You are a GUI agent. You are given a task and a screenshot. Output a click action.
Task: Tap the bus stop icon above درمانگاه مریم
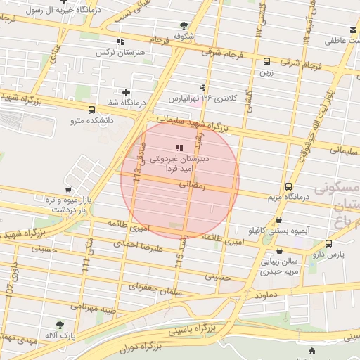point(288,187)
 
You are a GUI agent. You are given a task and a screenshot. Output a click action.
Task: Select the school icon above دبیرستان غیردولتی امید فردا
point(179,148)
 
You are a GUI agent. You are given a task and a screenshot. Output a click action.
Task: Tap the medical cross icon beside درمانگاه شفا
point(126,91)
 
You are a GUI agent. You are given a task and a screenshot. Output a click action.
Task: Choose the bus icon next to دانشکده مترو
point(92,110)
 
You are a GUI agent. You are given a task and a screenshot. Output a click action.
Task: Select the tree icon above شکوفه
point(184,25)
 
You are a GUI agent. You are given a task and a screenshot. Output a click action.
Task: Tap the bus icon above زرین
point(266,61)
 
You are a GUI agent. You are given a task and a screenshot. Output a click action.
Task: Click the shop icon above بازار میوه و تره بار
point(67,189)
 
